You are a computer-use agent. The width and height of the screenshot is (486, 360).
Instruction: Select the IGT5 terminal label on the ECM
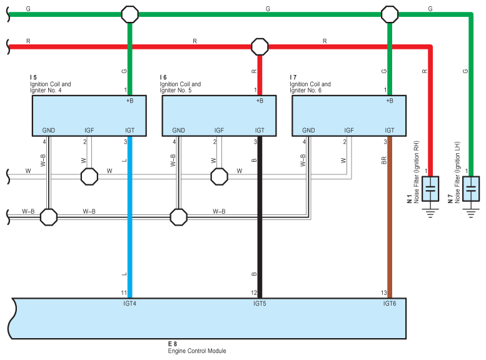coord(260,304)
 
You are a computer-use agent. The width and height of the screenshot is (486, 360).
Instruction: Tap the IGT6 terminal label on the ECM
coord(389,304)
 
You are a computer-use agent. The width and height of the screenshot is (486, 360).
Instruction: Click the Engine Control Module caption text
coord(196,351)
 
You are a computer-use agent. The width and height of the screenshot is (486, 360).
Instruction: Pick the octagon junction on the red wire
coord(259,46)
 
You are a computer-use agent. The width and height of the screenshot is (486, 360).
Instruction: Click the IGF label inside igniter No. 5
coord(219,130)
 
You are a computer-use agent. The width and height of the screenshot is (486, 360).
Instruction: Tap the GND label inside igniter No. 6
coord(308,130)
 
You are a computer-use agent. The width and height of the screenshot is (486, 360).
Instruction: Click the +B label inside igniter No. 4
coord(129,101)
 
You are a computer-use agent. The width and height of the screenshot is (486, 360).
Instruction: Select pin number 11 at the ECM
coord(124,292)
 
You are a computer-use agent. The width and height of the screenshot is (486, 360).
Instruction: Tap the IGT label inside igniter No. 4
coord(129,130)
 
